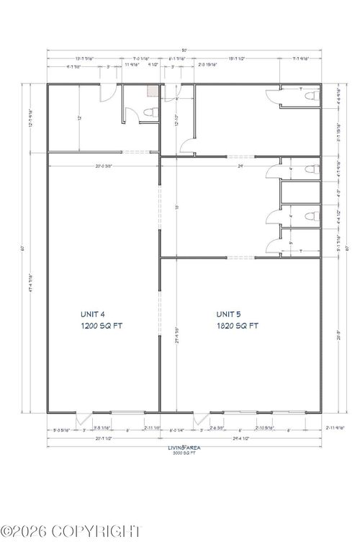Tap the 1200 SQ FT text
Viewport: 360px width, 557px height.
(102, 326)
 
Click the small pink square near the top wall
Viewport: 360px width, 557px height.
(152, 91)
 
